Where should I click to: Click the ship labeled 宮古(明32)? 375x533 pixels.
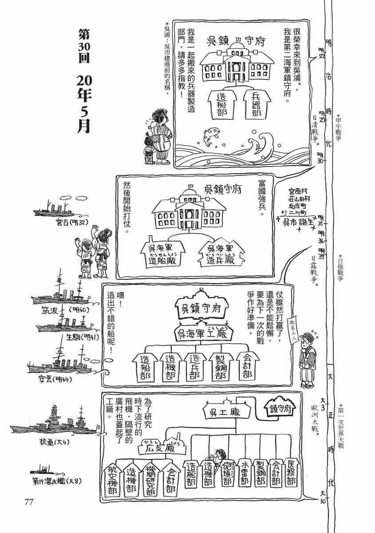click(53, 211)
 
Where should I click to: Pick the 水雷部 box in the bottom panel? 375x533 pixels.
click(244, 476)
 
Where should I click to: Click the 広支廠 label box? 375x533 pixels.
click(159, 449)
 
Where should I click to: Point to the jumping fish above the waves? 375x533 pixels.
click(209, 132)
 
